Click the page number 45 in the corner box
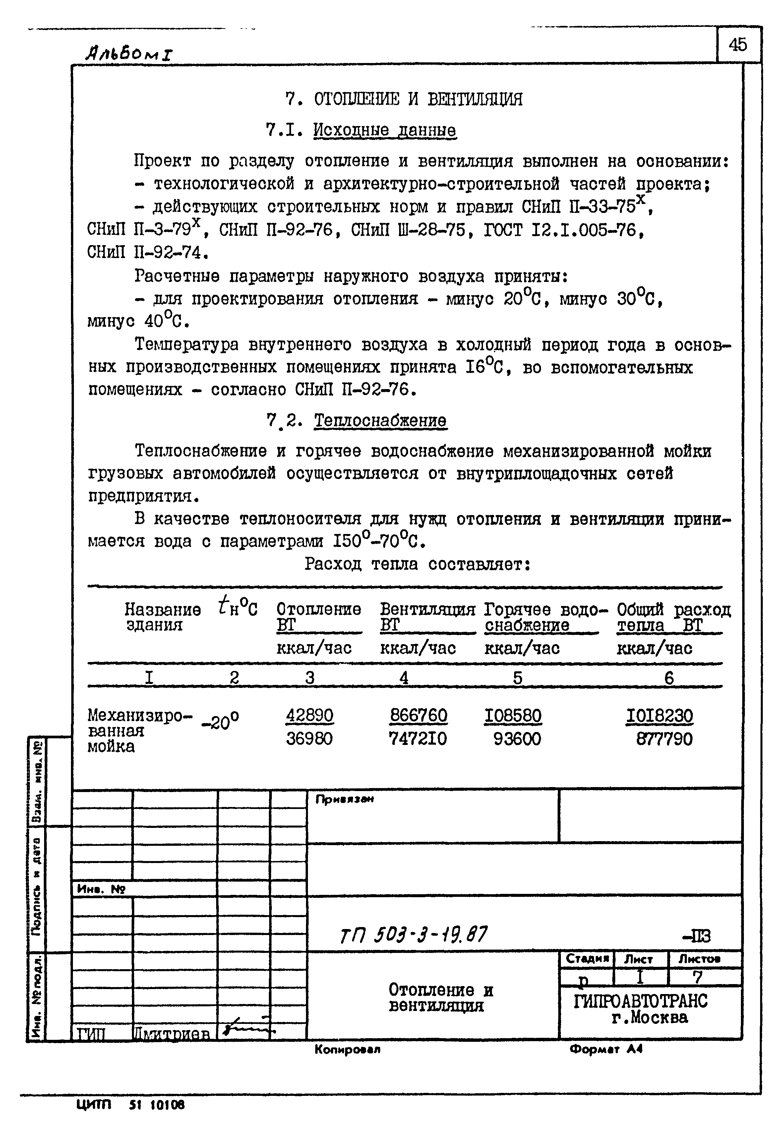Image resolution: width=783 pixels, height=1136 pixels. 738,45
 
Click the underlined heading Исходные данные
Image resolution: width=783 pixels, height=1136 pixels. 384,130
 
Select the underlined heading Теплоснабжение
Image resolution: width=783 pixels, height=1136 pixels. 380,421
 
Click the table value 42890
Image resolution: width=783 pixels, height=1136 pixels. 310,715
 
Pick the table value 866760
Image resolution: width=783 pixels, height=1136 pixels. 418,715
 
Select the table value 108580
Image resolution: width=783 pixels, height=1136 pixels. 513,716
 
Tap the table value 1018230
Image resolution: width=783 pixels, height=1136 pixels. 659,716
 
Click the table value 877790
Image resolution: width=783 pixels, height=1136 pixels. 664,739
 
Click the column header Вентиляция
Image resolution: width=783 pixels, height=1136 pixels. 427,610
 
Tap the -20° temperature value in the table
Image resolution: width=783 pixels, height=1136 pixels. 220,721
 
